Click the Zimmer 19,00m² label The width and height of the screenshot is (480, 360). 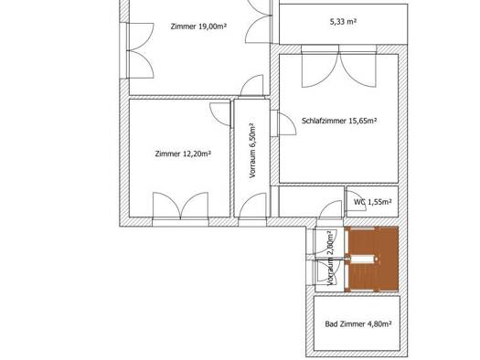click(x=198, y=26)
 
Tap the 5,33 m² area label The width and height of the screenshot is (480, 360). click(x=343, y=21)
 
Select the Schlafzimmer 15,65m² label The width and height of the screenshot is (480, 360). click(x=339, y=121)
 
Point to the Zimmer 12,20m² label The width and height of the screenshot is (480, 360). click(x=183, y=154)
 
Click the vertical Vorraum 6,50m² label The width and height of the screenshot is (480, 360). click(x=252, y=151)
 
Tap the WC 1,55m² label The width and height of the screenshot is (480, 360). click(x=372, y=202)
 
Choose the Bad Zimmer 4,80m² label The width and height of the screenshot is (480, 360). click(x=358, y=323)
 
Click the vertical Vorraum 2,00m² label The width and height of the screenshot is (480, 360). click(x=330, y=259)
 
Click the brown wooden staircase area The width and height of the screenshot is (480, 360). click(x=372, y=259)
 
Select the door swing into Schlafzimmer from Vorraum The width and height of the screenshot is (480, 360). click(x=287, y=123)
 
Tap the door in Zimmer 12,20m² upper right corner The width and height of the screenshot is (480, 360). click(x=220, y=114)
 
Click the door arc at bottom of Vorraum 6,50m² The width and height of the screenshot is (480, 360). click(x=252, y=205)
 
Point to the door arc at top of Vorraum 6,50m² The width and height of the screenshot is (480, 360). click(x=251, y=85)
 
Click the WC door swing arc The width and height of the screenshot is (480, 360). click(x=356, y=201)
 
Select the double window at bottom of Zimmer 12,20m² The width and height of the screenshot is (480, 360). click(x=181, y=206)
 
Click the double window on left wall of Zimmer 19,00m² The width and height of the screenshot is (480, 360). click(x=140, y=50)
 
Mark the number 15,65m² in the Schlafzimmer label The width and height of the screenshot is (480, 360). click(x=363, y=121)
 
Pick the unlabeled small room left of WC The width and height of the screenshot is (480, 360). click(x=312, y=202)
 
